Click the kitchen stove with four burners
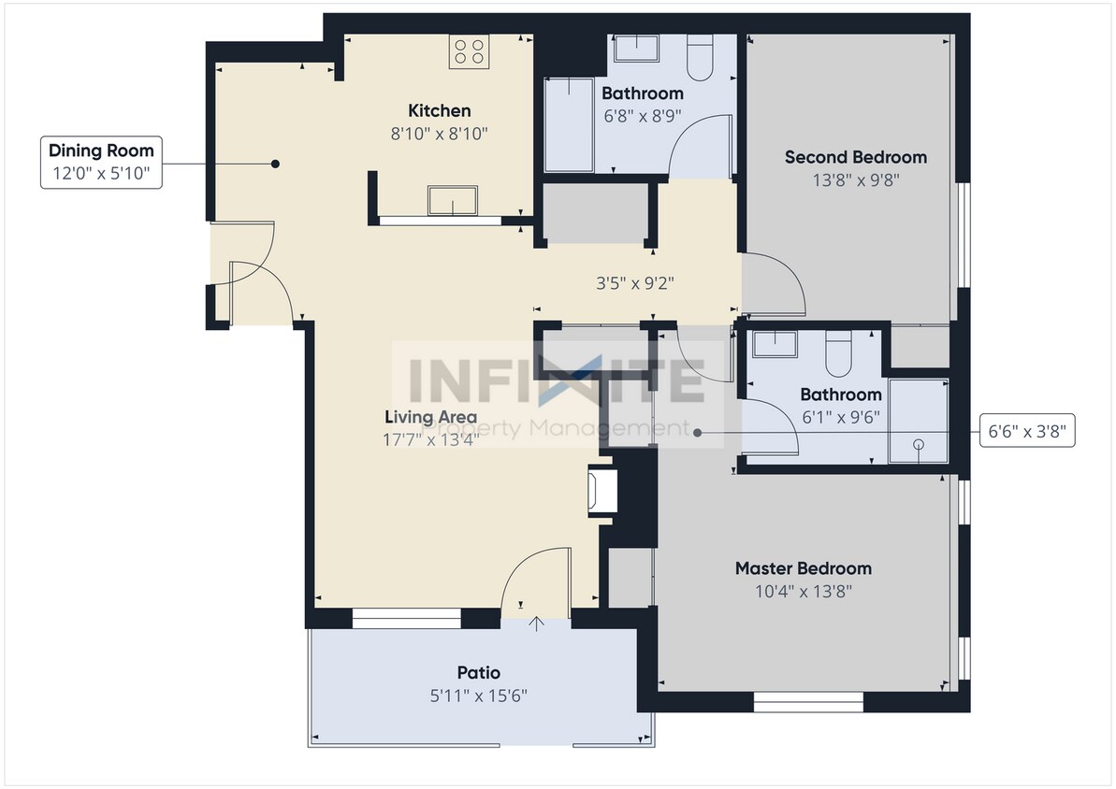click(470, 52)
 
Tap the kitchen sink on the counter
click(453, 200)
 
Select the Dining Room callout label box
click(101, 162)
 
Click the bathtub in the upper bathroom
click(569, 125)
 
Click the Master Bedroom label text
click(803, 568)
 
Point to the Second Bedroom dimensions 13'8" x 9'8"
click(855, 180)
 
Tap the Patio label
click(478, 672)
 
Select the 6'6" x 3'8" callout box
click(1026, 432)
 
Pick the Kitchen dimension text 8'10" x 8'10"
click(440, 134)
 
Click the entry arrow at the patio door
click(537, 624)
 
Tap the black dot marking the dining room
click(275, 164)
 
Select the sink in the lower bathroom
click(775, 344)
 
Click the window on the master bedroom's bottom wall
click(808, 700)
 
